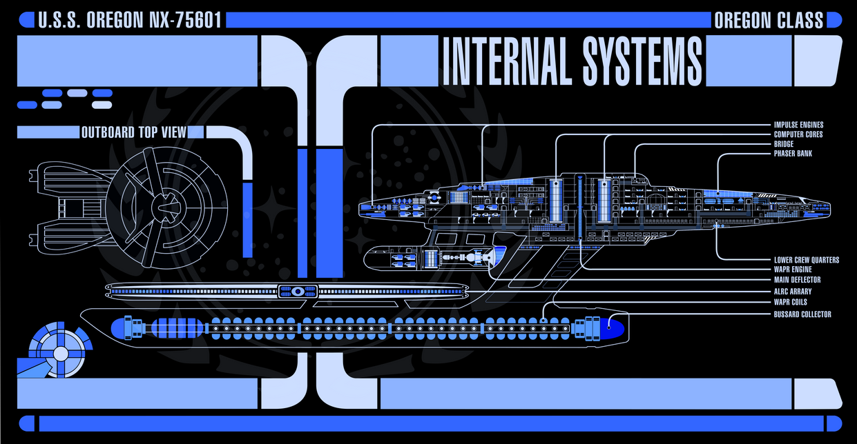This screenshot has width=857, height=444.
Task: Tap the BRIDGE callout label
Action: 784,144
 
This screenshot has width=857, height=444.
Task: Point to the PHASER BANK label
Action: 793,154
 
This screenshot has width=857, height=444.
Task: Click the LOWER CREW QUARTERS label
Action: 807,260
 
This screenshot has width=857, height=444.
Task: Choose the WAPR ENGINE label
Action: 793,270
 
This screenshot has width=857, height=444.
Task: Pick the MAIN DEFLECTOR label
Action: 797,280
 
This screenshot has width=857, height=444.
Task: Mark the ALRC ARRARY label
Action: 793,292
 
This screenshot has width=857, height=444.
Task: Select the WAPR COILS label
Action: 790,302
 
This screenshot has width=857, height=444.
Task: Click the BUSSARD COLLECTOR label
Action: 802,314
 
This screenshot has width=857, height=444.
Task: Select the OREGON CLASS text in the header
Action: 769,20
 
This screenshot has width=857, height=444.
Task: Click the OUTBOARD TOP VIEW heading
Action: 134,132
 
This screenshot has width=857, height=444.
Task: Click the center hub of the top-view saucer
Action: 165,205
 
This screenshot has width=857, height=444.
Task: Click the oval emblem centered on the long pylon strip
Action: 297,291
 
